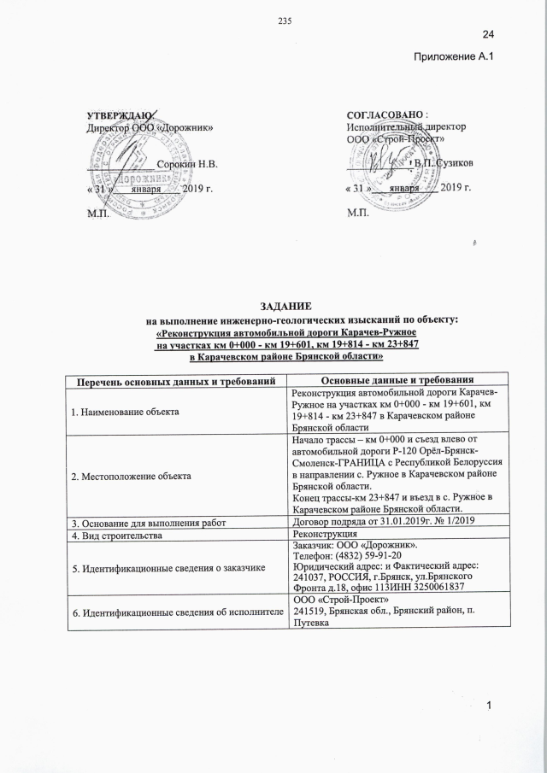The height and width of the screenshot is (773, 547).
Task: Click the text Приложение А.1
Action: [454, 56]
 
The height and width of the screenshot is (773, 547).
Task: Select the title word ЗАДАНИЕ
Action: [273, 305]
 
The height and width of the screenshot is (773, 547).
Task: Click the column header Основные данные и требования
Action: [397, 378]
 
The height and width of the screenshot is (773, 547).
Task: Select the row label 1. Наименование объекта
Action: [126, 412]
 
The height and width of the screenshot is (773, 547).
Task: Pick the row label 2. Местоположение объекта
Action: [130, 472]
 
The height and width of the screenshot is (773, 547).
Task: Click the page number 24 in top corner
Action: [489, 33]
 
